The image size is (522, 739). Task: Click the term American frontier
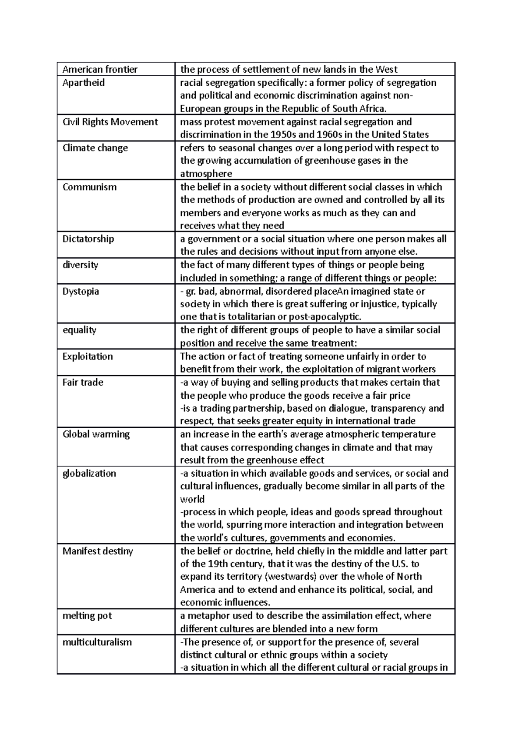coord(100,69)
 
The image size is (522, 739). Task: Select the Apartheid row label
coord(84,83)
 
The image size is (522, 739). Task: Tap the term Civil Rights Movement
coord(110,122)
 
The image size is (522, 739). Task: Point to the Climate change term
coord(95,148)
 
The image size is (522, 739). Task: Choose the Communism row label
coord(89,187)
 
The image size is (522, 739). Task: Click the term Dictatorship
coord(88,239)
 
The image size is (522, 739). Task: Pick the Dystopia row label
coord(80,291)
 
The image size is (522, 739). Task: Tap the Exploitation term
coord(87,356)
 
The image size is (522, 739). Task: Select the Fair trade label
coord(83,383)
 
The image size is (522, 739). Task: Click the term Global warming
coord(96,434)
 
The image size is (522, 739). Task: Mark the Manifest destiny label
coord(97,551)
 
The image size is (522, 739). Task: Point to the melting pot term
coord(87,616)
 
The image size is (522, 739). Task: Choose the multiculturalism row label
coord(97,642)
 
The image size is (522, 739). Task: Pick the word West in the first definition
coord(386,69)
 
